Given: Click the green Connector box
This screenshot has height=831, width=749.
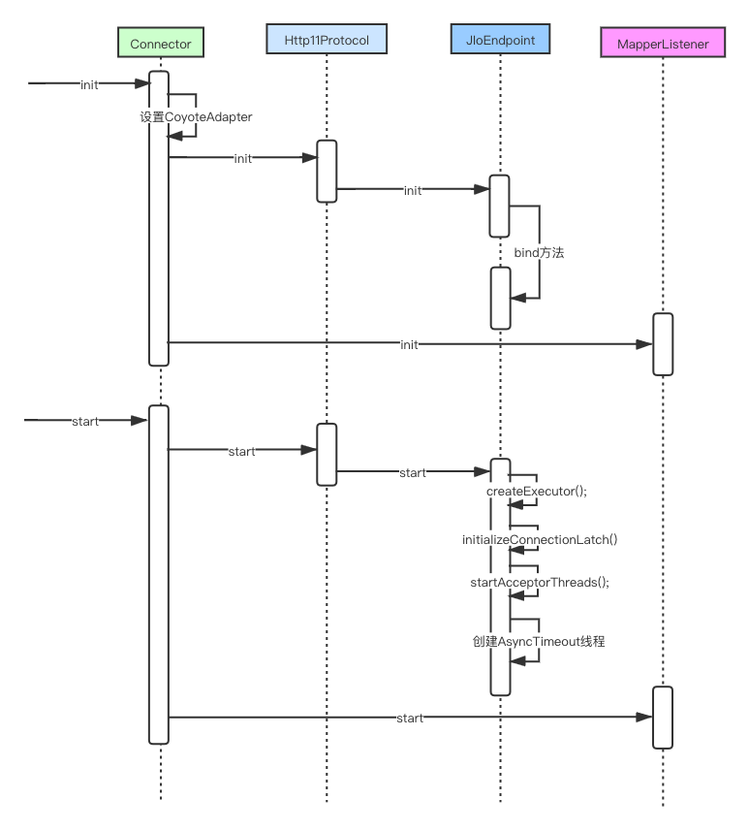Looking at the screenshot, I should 161,44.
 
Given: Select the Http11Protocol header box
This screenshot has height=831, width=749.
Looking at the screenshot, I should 327,39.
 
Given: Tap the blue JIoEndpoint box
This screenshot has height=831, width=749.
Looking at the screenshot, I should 500,39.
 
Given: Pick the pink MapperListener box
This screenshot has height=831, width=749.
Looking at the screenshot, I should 663,44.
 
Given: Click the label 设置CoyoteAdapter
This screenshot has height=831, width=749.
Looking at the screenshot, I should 196,116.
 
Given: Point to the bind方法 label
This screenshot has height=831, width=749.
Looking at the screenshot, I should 539,252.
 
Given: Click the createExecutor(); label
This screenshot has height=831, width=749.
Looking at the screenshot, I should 536,491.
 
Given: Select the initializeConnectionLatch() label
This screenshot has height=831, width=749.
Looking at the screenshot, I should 539,538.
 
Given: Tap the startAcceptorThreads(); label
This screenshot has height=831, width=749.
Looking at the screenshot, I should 538,582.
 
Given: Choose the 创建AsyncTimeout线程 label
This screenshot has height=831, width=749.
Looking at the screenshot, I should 539,641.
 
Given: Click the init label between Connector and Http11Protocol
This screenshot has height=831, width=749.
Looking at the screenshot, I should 243,158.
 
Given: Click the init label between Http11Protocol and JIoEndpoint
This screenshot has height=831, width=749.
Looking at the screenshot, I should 413,191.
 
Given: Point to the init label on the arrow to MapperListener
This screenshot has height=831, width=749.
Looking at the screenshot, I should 409,344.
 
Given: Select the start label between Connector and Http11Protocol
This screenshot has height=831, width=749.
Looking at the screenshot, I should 241,451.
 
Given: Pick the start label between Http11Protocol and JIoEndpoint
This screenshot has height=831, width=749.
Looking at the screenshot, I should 413,472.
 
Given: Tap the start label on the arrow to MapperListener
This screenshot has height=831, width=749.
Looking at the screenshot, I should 410,719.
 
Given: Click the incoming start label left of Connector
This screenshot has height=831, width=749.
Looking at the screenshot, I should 85,421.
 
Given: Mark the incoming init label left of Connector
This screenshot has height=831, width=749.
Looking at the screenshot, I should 89,84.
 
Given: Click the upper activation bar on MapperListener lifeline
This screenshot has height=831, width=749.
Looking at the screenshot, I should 663,344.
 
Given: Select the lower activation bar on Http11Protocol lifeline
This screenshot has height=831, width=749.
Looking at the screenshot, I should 327,454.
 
